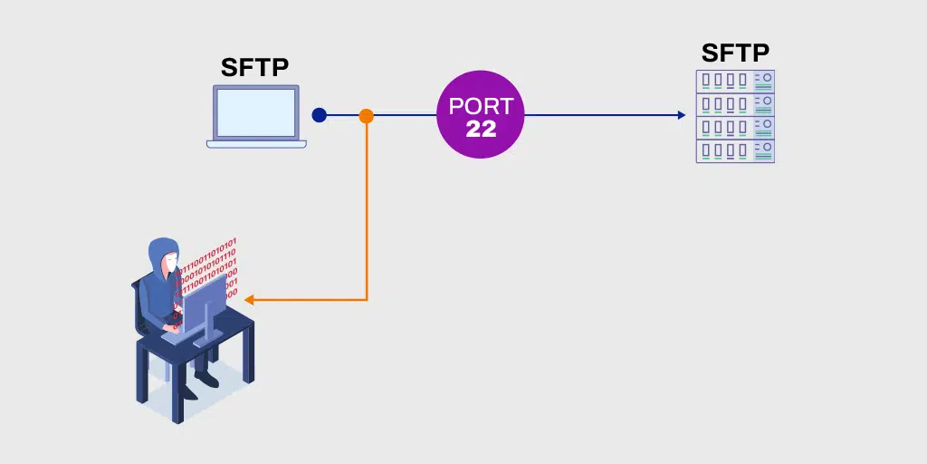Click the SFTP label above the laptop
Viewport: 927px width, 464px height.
pyautogui.click(x=255, y=67)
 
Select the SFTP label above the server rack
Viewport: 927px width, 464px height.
pyautogui.click(x=735, y=53)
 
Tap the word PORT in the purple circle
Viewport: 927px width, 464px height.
pyautogui.click(x=481, y=106)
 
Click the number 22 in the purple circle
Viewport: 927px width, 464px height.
pyautogui.click(x=481, y=129)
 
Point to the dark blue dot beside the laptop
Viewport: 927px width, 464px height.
pyautogui.click(x=319, y=115)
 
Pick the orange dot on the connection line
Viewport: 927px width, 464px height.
pyautogui.click(x=366, y=116)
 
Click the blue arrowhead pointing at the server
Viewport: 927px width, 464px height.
pyautogui.click(x=681, y=115)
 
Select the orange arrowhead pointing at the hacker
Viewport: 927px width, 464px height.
pyautogui.click(x=250, y=300)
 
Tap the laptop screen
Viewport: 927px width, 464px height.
pyautogui.click(x=255, y=111)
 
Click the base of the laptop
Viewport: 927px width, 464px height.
pyautogui.click(x=255, y=143)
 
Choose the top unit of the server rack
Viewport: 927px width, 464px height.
pyautogui.click(x=735, y=80)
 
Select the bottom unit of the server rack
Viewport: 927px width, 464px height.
pyautogui.click(x=735, y=151)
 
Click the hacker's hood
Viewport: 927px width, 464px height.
pyautogui.click(x=163, y=249)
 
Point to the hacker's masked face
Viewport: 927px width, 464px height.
pyautogui.click(x=169, y=264)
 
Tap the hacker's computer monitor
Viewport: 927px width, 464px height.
pyautogui.click(x=203, y=304)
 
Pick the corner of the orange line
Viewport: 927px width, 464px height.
pyautogui.click(x=366, y=300)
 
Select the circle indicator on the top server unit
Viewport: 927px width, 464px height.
pyautogui.click(x=766, y=77)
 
